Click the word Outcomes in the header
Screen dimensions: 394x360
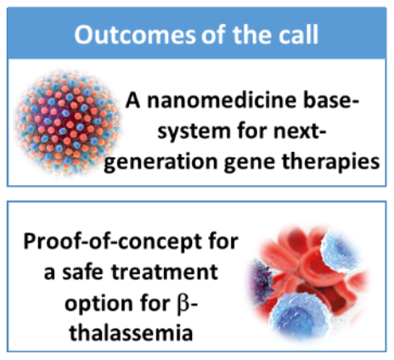(x=135, y=35)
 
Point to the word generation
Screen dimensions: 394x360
(x=160, y=162)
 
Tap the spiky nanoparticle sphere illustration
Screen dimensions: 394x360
(x=68, y=124)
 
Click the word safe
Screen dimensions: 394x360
(x=82, y=272)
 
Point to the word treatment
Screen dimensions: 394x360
(x=165, y=272)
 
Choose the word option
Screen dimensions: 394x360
(x=99, y=303)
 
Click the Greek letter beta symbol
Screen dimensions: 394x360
(x=183, y=304)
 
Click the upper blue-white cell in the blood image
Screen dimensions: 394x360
(x=339, y=250)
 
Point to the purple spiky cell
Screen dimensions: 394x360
(x=262, y=281)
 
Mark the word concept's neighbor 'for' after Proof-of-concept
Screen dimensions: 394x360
(x=222, y=241)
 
